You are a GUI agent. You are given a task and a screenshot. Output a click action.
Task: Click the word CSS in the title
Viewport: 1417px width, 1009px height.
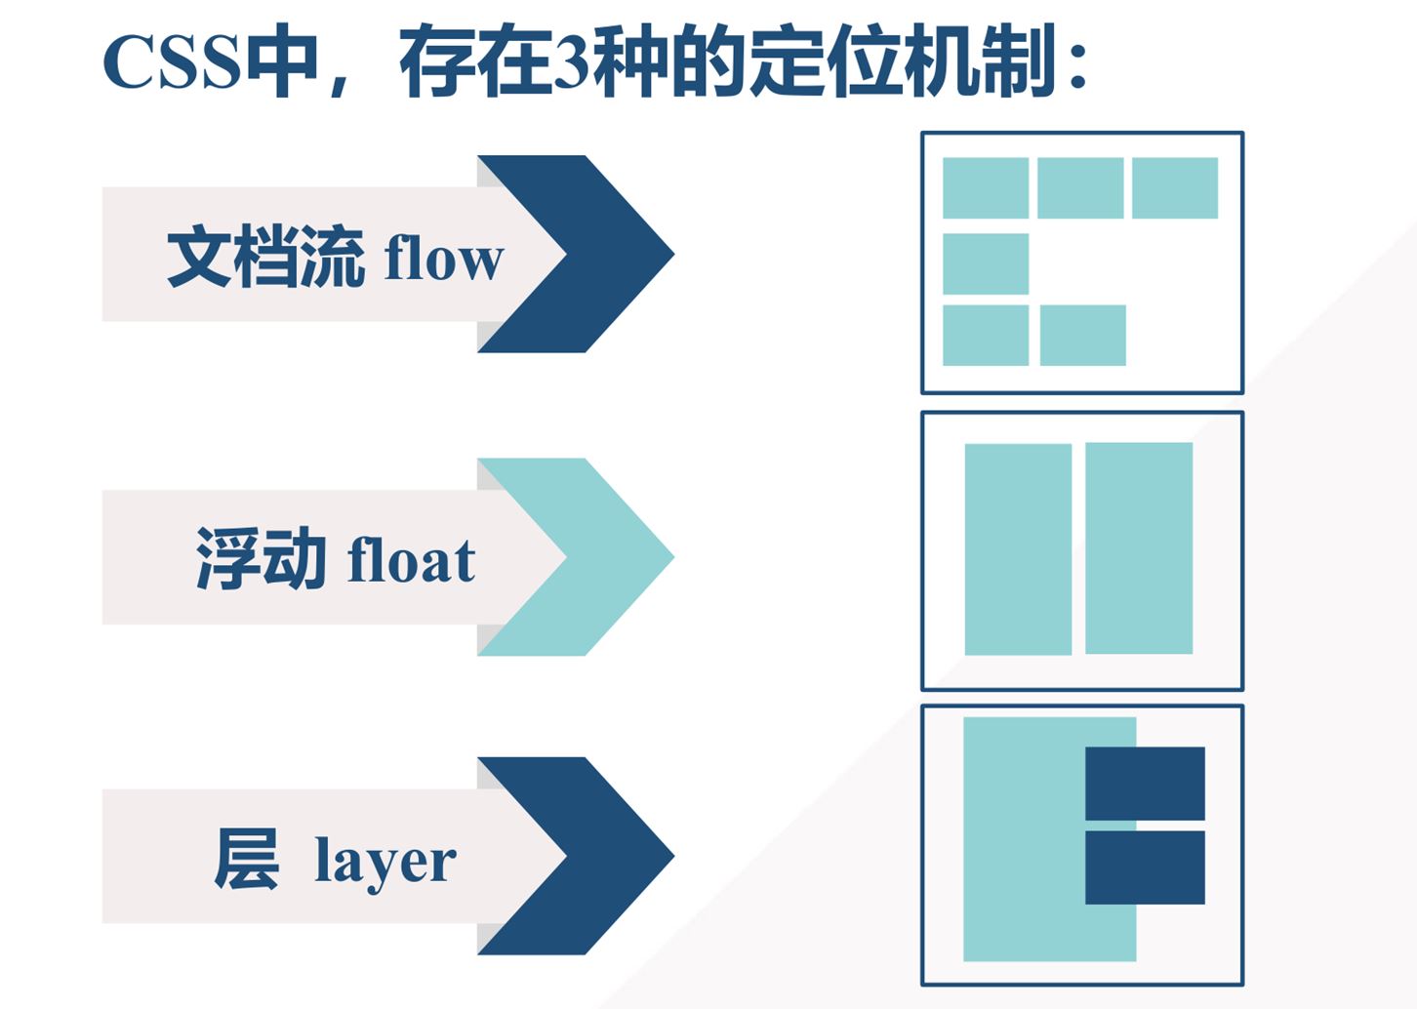pyautogui.click(x=171, y=62)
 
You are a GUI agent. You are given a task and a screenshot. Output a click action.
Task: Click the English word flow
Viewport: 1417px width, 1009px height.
pyautogui.click(x=444, y=259)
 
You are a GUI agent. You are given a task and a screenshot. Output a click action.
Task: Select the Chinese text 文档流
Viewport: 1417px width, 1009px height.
pyautogui.click(x=265, y=257)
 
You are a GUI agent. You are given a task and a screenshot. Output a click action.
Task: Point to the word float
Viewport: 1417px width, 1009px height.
pyautogui.click(x=411, y=560)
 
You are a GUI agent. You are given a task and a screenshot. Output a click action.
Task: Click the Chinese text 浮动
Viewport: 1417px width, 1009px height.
pyautogui.click(x=261, y=558)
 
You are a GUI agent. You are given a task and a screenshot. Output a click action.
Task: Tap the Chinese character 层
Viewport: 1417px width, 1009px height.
pyautogui.click(x=246, y=859)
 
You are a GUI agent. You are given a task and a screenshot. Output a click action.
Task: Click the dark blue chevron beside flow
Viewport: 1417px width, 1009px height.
pyautogui.click(x=605, y=254)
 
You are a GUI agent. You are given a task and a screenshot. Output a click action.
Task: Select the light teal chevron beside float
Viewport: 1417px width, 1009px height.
pyautogui.click(x=605, y=557)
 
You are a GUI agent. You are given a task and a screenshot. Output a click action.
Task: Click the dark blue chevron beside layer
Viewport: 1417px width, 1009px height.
pyautogui.click(x=605, y=856)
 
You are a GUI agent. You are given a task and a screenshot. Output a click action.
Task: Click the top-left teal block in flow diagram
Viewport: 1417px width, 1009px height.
pyautogui.click(x=986, y=187)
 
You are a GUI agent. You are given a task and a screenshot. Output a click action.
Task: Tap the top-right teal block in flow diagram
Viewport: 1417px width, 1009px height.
pyautogui.click(x=1175, y=187)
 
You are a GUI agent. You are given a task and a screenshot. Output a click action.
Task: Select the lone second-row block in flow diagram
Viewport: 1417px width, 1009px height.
pyautogui.click(x=986, y=263)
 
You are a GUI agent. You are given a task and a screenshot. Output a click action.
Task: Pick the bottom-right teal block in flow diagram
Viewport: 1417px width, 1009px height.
pyautogui.click(x=1082, y=335)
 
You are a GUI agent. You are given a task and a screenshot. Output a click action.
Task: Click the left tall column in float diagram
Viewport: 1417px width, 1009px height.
pyautogui.click(x=1018, y=549)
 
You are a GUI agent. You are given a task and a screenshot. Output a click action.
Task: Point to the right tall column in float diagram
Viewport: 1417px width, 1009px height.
pyautogui.click(x=1139, y=548)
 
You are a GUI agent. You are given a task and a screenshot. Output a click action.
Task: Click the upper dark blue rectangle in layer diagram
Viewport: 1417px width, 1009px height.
pyautogui.click(x=1145, y=784)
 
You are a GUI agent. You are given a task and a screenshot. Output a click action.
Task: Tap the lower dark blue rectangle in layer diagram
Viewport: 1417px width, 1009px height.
pyautogui.click(x=1145, y=868)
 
